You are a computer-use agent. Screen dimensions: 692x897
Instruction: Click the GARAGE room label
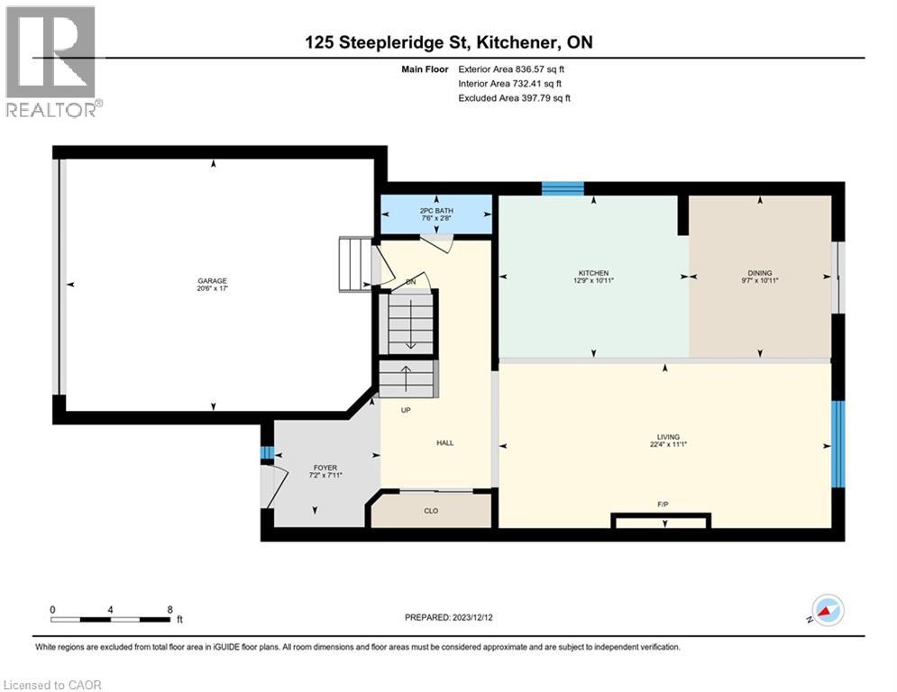[x=213, y=280]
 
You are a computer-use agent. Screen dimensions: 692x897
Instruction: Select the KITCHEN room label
[x=593, y=273]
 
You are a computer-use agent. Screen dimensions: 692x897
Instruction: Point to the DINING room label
[x=759, y=273]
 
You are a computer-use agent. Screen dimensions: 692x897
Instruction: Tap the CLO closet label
[x=431, y=511]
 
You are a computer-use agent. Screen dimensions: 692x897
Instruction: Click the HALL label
[x=444, y=442]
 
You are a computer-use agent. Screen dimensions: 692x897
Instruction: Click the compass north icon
[x=827, y=610]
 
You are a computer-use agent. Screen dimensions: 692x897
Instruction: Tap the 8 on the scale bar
[x=169, y=609]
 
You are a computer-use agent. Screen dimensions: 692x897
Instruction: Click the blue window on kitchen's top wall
[x=563, y=188]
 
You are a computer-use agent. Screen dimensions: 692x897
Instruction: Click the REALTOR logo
[x=53, y=61]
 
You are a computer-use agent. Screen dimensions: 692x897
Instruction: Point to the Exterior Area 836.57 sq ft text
[x=512, y=68]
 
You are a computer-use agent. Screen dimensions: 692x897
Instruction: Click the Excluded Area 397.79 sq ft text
[x=514, y=98]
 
